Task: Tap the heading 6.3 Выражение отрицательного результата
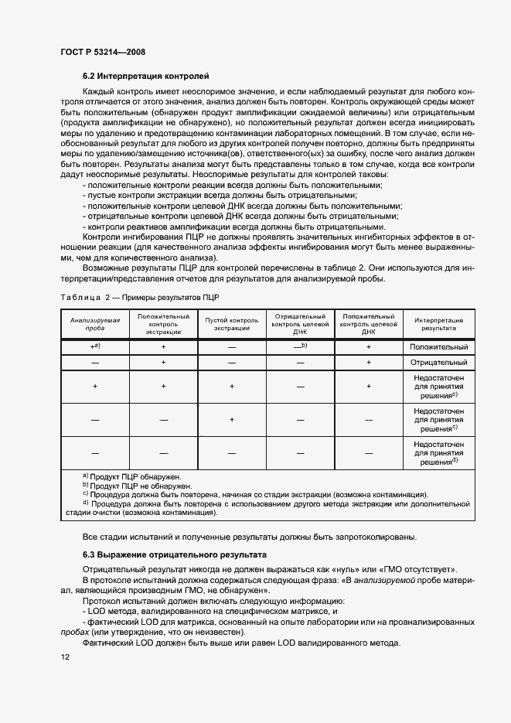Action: click(174, 555)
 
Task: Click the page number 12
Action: click(65, 657)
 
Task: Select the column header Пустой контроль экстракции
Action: click(231, 324)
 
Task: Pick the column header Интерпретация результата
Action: click(438, 324)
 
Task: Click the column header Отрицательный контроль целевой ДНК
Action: click(301, 324)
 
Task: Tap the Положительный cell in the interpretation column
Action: click(438, 347)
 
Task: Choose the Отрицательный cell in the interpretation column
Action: click(438, 362)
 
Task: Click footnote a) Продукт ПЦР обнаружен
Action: click(131, 477)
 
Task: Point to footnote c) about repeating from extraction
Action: click(255, 495)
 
